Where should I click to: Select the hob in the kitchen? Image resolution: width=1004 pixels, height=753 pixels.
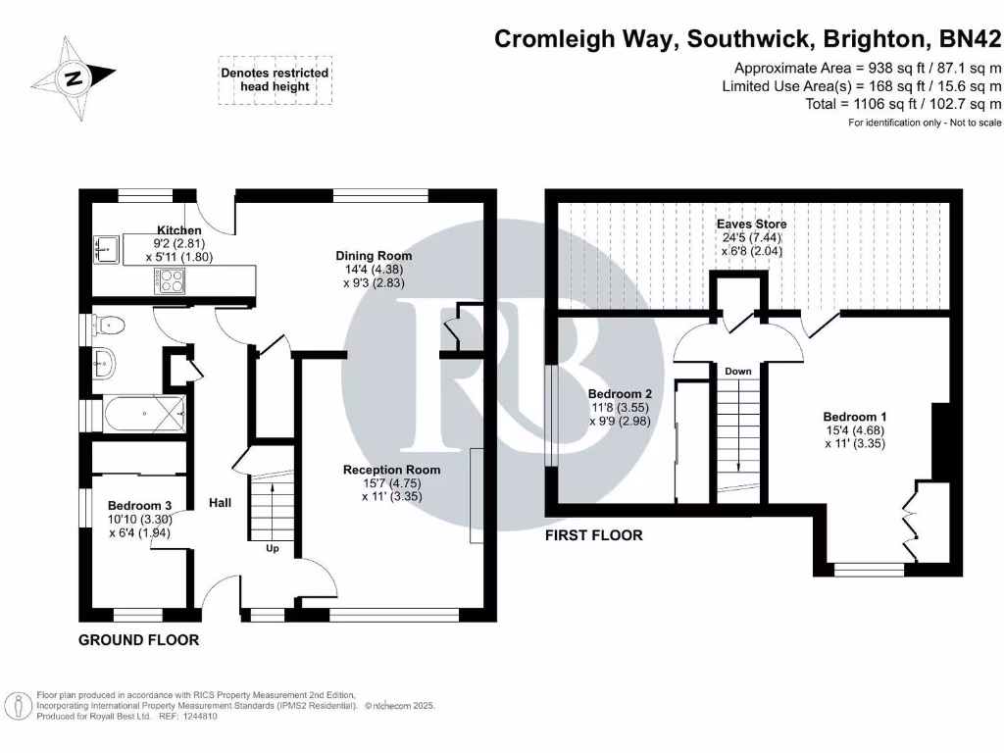(x=169, y=280)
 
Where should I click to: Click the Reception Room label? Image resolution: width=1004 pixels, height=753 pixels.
(x=391, y=470)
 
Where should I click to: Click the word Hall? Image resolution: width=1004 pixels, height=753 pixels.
(x=220, y=503)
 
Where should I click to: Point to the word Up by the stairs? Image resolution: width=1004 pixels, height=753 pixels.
(x=273, y=549)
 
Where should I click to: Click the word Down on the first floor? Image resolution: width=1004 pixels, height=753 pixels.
(x=737, y=372)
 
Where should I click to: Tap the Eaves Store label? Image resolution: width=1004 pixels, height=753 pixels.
(x=751, y=225)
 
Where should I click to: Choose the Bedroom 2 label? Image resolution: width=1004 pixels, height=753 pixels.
(x=621, y=394)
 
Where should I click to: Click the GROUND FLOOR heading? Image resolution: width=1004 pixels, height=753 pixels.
(x=138, y=640)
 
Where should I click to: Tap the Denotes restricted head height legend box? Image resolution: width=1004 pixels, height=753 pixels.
(x=275, y=79)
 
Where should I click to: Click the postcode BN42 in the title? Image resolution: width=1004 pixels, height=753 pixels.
(x=971, y=39)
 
